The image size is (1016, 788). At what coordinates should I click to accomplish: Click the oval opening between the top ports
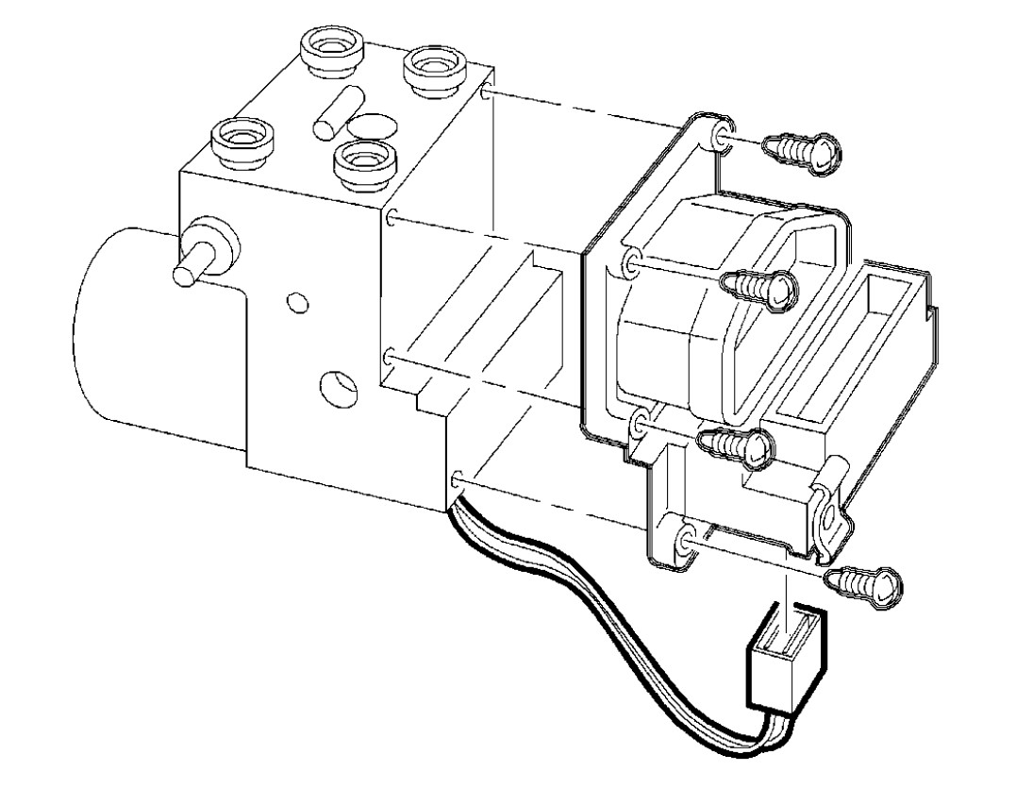click(x=372, y=125)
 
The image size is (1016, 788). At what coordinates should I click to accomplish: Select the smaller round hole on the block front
click(x=298, y=303)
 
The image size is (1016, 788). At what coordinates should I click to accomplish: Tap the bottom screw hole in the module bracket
click(x=685, y=539)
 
